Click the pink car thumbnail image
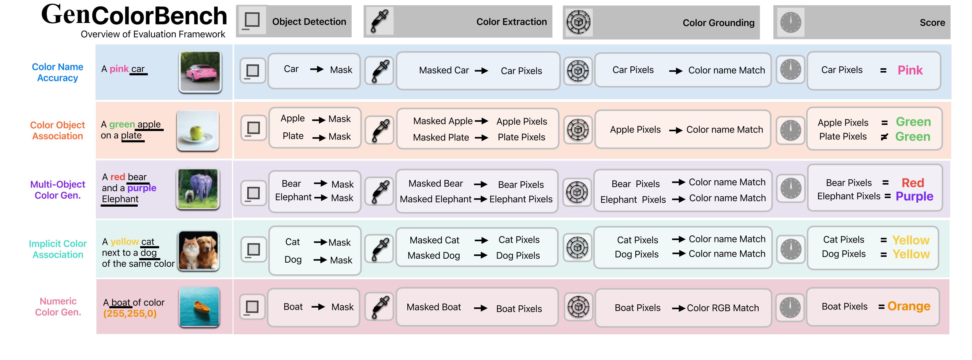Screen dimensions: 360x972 (200, 72)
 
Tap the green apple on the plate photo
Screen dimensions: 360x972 (198, 130)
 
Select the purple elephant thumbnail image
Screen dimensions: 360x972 (198, 189)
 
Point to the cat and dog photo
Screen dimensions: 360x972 (199, 251)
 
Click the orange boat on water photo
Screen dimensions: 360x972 (199, 306)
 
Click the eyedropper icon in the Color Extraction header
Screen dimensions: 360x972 (379, 21)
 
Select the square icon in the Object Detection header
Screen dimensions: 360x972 (252, 21)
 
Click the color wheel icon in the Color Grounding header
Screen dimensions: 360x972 (578, 22)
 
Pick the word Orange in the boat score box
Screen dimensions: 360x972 (909, 306)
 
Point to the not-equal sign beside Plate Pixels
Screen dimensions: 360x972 (884, 137)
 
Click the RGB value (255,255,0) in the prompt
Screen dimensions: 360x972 (130, 313)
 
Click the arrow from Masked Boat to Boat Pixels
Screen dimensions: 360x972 (480, 308)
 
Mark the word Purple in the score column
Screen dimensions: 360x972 (914, 196)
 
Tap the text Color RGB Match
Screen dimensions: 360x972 (723, 308)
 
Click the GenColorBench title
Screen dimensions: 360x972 (134, 16)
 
